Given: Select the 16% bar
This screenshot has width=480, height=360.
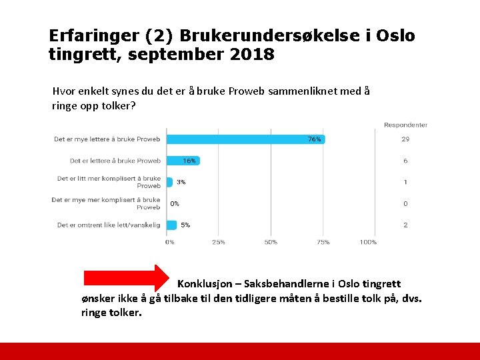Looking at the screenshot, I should pyautogui.click(x=183, y=161).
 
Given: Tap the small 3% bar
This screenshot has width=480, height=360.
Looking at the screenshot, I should pyautogui.click(x=169, y=182).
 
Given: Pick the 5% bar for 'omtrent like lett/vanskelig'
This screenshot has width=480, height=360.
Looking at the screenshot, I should pyautogui.click(x=171, y=225).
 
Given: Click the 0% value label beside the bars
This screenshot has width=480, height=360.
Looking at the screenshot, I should pyautogui.click(x=175, y=203).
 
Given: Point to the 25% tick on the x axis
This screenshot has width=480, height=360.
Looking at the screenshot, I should pyautogui.click(x=217, y=242).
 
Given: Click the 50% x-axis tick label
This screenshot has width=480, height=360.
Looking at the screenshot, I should pyautogui.click(x=271, y=242).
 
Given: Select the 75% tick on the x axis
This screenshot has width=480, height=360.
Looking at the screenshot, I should pyautogui.click(x=323, y=242).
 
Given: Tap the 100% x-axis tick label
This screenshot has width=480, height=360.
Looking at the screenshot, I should pyautogui.click(x=368, y=242).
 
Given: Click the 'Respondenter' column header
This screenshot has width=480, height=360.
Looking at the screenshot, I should pyautogui.click(x=405, y=125).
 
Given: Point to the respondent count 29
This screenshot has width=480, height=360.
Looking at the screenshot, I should pyautogui.click(x=405, y=139).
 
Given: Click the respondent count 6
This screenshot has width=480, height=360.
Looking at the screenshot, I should pyautogui.click(x=405, y=161).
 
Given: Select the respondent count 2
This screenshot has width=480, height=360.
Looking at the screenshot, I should pyautogui.click(x=405, y=225).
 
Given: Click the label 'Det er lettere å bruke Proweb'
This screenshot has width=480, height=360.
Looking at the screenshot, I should pyautogui.click(x=115, y=161).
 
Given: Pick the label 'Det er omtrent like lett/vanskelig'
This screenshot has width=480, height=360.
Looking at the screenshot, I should pyautogui.click(x=109, y=225).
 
